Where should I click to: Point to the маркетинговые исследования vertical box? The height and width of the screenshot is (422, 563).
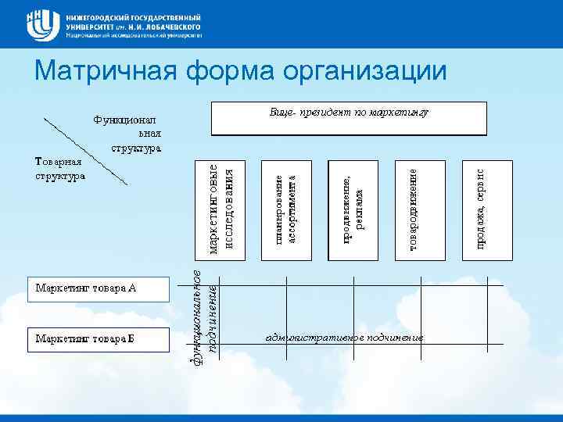(x=220, y=209)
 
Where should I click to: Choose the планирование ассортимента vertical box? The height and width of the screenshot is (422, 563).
(x=287, y=209)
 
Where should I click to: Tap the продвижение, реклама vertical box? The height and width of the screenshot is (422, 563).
(x=353, y=209)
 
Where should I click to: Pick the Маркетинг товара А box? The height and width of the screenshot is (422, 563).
(x=98, y=288)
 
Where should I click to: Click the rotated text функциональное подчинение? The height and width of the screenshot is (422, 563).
(x=205, y=309)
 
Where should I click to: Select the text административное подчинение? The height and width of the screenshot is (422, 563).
(x=345, y=338)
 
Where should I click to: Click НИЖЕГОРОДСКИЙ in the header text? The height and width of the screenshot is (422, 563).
(x=100, y=15)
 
